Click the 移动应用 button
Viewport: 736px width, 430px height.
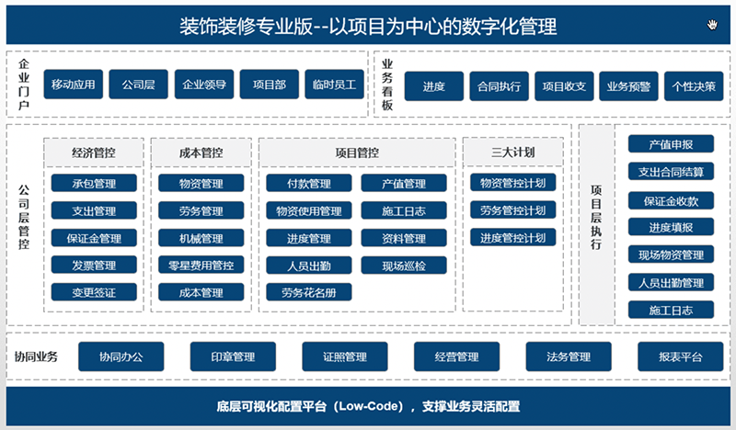(x=74, y=85)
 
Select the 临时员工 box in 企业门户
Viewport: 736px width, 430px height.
(x=334, y=85)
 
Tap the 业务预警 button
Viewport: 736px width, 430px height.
(x=628, y=86)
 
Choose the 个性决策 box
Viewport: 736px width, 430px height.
(x=694, y=86)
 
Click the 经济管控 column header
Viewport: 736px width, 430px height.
(x=94, y=153)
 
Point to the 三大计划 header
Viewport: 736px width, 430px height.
(x=513, y=153)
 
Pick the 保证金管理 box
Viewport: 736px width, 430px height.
(x=94, y=238)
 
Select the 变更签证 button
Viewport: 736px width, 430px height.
(x=94, y=292)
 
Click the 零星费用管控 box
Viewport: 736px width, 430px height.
(x=201, y=266)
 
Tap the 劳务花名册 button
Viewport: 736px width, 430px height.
(x=309, y=292)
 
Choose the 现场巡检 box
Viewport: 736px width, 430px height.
(x=404, y=266)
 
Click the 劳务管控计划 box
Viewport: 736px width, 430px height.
(x=513, y=210)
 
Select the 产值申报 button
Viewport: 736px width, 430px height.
(x=671, y=144)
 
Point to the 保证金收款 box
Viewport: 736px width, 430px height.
(x=671, y=201)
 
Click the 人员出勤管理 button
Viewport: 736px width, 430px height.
(x=671, y=283)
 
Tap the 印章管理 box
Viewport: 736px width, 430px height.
(x=233, y=356)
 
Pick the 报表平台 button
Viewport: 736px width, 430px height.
(x=680, y=356)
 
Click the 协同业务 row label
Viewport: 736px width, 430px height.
(x=36, y=356)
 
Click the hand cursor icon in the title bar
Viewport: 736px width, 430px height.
(x=712, y=25)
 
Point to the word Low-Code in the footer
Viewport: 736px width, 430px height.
(x=371, y=406)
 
